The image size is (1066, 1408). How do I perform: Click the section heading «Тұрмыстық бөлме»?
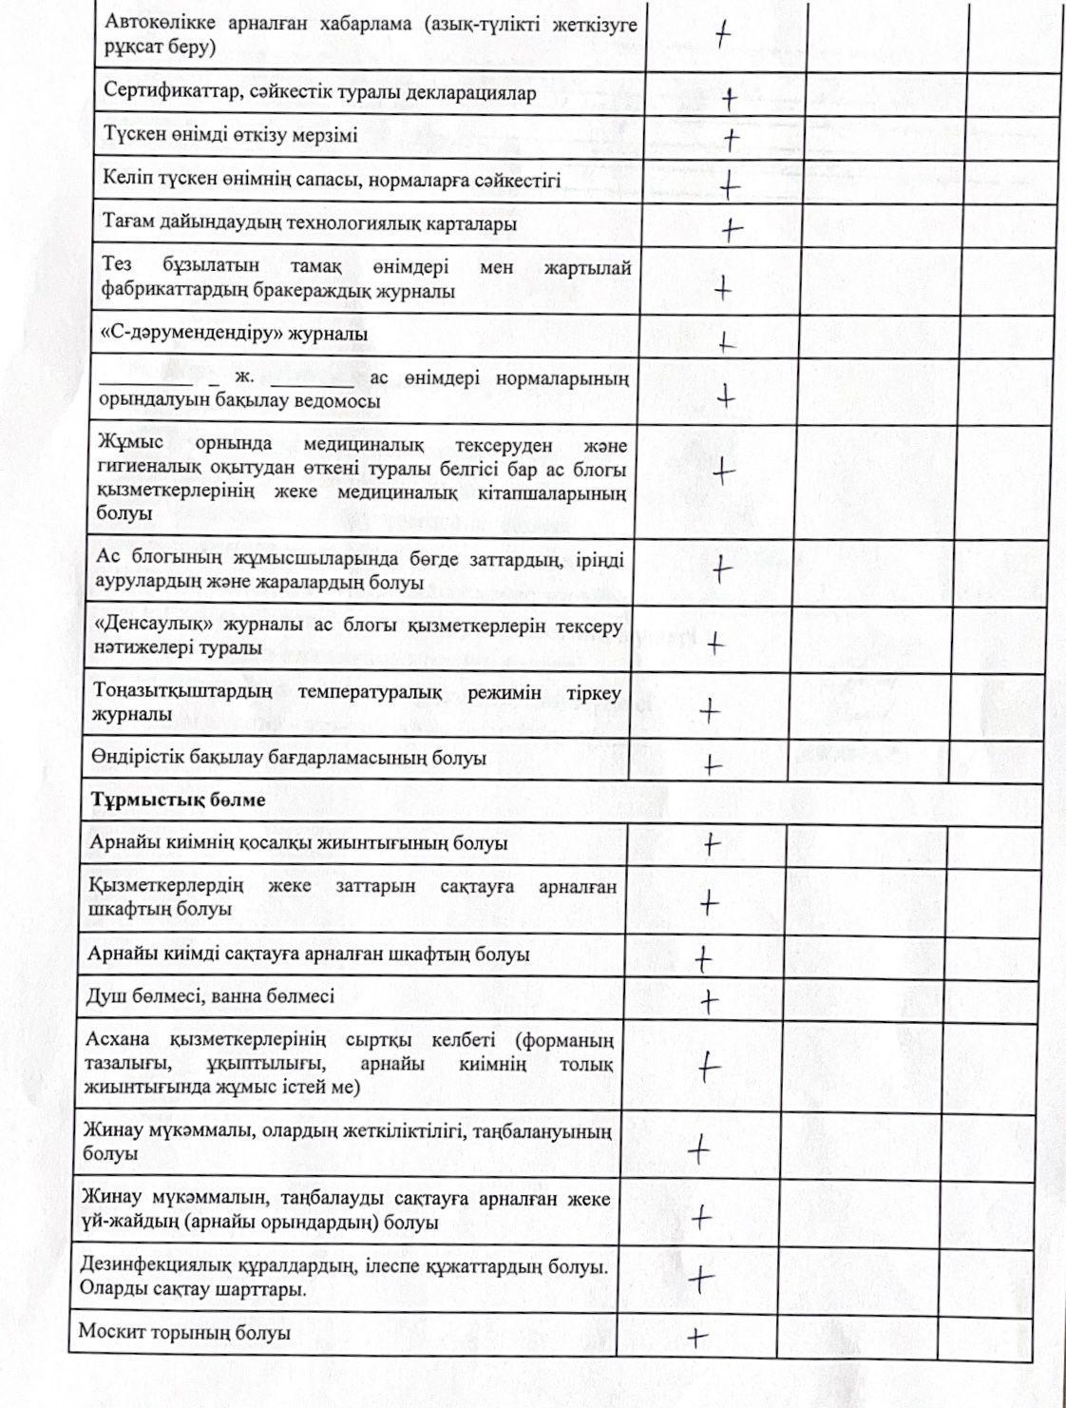click(x=178, y=800)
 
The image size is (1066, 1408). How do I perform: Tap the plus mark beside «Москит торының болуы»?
click(x=698, y=1337)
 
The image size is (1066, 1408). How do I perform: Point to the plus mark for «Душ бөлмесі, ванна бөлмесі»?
click(x=709, y=1001)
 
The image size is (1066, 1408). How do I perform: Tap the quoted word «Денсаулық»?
click(x=157, y=626)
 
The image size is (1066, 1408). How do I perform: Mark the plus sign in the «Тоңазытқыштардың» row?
click(x=710, y=710)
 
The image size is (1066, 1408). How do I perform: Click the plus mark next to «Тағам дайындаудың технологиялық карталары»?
click(x=732, y=229)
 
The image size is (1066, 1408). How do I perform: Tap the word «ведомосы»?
click(x=340, y=400)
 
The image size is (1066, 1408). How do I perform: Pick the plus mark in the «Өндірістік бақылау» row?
click(x=712, y=764)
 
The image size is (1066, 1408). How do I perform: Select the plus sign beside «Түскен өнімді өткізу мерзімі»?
click(x=731, y=141)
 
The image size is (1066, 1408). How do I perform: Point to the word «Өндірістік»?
click(x=139, y=758)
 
